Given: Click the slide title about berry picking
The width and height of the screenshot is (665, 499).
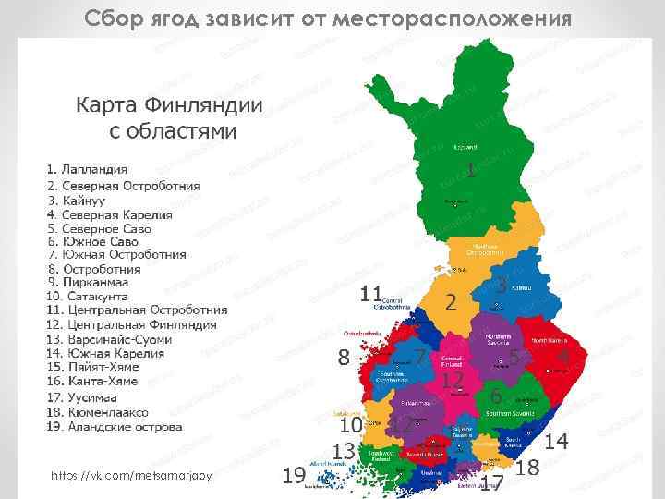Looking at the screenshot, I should (x=327, y=18).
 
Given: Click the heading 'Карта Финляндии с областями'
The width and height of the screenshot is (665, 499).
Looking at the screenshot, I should (x=169, y=118).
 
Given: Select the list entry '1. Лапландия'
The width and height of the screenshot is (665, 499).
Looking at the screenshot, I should (x=88, y=170).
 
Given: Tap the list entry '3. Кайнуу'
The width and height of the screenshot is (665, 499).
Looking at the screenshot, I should (x=78, y=199).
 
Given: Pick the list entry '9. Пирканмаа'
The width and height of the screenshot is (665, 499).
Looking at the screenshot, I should (x=89, y=282).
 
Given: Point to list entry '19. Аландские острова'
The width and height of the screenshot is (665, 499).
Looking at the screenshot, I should (x=114, y=426).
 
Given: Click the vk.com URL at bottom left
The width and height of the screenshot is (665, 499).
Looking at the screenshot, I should (x=133, y=475).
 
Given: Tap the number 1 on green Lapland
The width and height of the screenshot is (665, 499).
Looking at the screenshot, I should (x=471, y=171).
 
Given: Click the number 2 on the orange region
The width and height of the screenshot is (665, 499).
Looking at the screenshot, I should (x=451, y=301).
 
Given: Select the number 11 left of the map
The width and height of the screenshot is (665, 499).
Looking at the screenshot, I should (x=371, y=294).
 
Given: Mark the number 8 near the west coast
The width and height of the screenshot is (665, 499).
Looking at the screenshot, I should (x=344, y=357).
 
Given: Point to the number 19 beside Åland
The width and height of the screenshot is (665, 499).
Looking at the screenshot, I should (x=294, y=476).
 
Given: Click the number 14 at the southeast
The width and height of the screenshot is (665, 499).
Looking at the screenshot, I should (x=556, y=442).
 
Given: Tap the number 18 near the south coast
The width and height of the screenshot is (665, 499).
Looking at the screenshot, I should (x=528, y=468).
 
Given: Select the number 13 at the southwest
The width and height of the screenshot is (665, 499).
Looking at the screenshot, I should (x=345, y=451).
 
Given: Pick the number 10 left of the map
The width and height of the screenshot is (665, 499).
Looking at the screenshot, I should (x=350, y=425).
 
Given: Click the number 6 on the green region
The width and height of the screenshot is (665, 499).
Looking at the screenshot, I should (x=497, y=396).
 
